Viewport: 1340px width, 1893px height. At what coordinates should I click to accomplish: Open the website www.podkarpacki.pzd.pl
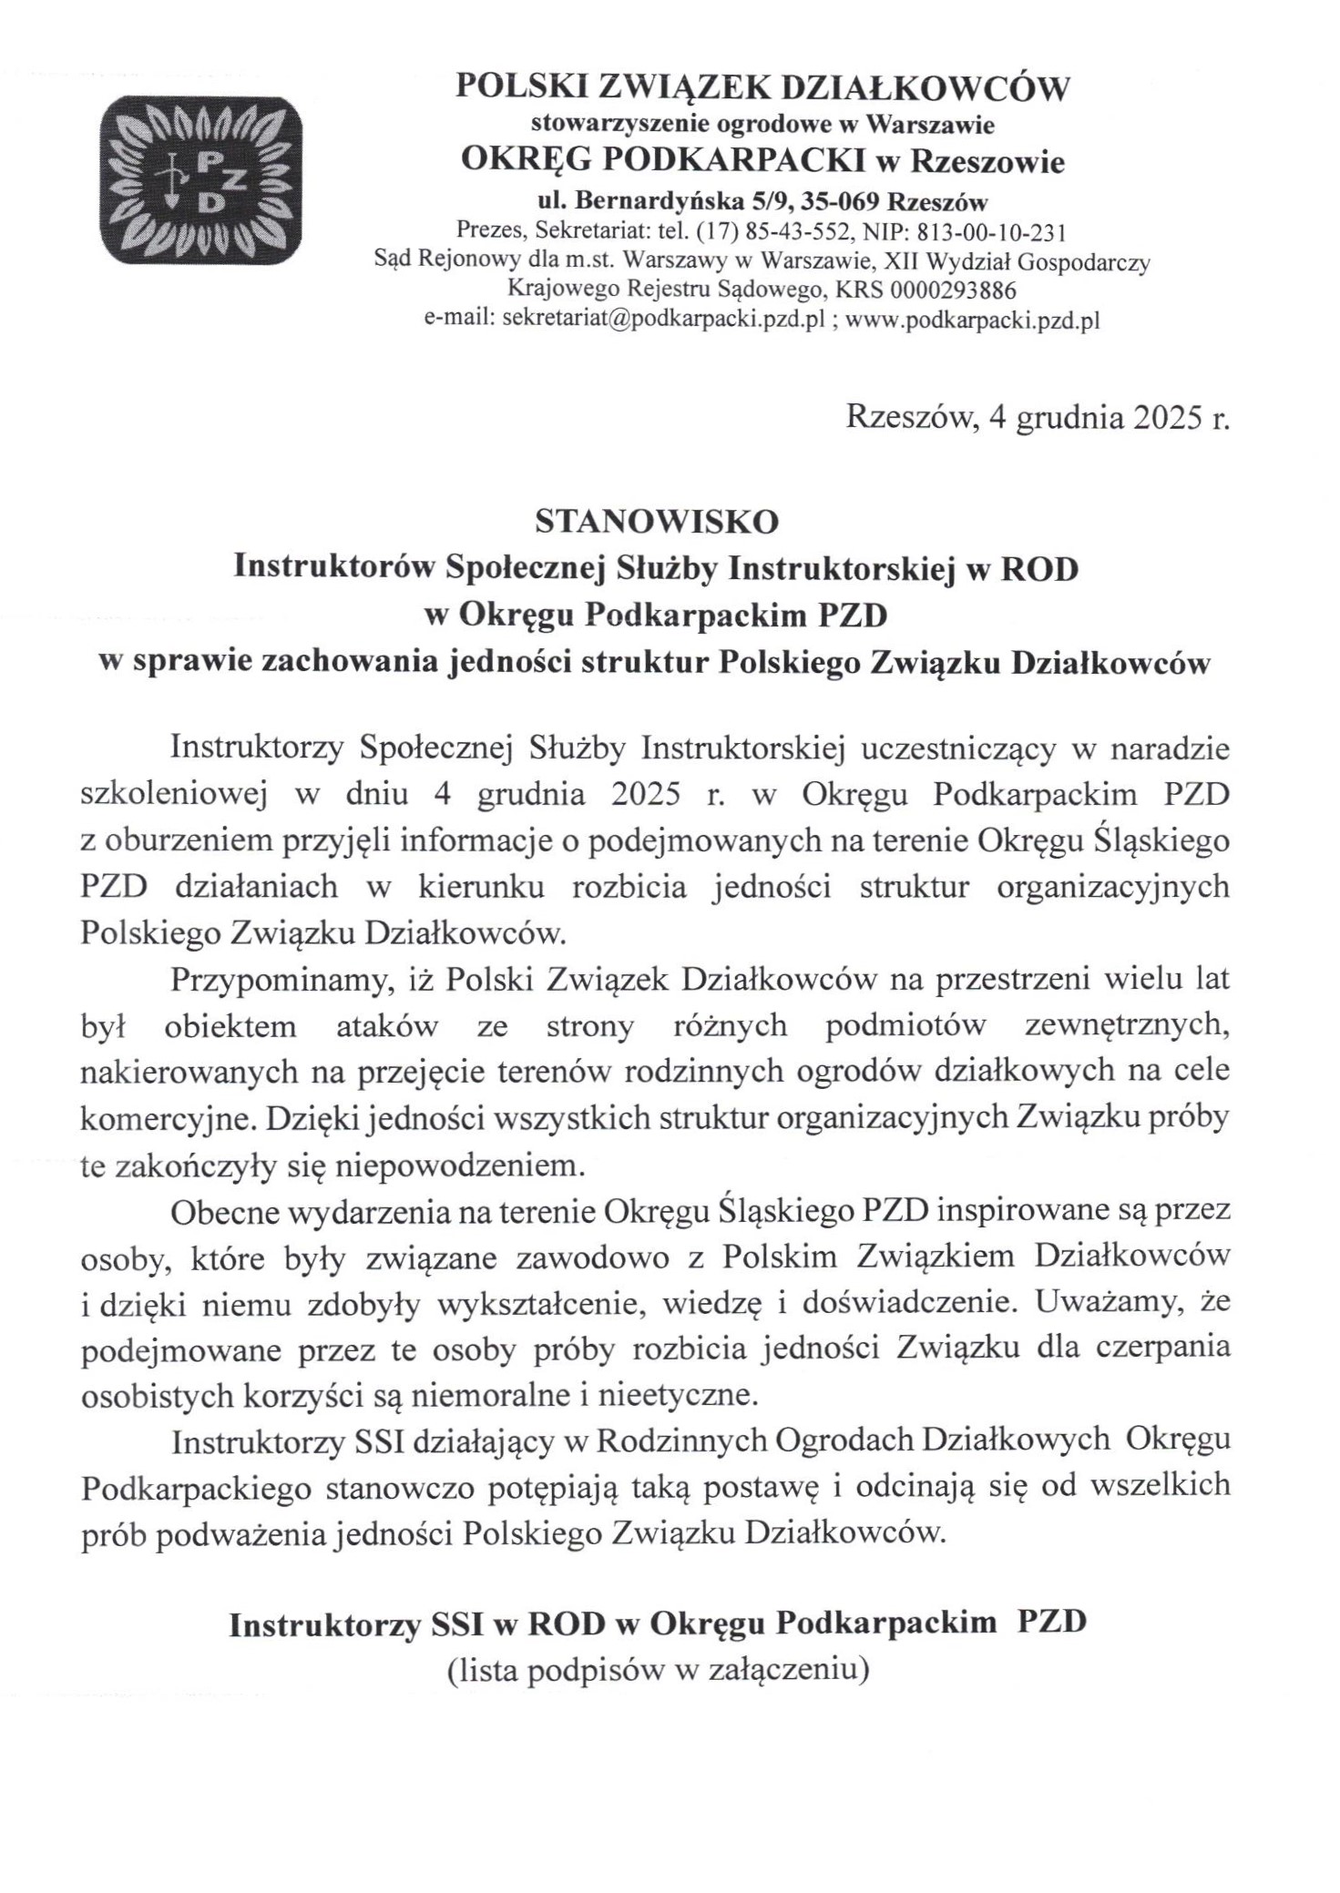pyautogui.click(x=974, y=320)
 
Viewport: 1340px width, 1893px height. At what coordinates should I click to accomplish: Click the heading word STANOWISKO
pyautogui.click(x=658, y=520)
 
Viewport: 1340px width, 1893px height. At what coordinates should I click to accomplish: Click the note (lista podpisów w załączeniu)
pyautogui.click(x=655, y=1670)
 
